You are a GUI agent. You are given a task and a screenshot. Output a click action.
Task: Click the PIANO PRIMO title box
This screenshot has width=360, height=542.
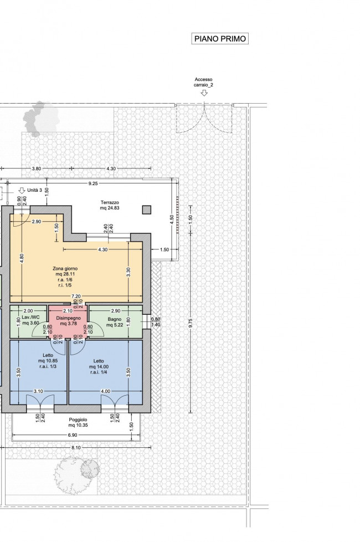(x=220, y=39)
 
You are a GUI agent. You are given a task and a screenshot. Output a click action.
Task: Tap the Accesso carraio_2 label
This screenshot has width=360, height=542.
(x=203, y=82)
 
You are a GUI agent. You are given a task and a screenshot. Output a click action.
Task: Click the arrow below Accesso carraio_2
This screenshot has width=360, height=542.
(x=204, y=93)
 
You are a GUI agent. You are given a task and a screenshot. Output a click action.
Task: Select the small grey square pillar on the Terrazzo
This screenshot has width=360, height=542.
(x=146, y=209)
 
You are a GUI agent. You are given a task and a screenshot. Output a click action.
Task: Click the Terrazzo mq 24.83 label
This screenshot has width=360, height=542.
(x=110, y=205)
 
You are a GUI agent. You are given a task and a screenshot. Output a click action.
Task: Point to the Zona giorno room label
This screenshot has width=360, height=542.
(x=65, y=277)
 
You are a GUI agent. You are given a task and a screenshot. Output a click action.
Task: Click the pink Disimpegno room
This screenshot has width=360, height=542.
(x=68, y=321)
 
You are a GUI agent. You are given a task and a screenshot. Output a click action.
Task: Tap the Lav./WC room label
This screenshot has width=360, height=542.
(x=30, y=320)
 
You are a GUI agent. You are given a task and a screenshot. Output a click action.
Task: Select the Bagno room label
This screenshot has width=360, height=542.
(x=114, y=322)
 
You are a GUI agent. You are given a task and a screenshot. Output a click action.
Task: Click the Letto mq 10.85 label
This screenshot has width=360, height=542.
(x=48, y=361)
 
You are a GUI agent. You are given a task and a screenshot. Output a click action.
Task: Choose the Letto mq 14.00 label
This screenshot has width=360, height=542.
(x=99, y=366)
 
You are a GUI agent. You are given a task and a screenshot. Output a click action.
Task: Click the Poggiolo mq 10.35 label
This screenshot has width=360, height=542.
(x=78, y=422)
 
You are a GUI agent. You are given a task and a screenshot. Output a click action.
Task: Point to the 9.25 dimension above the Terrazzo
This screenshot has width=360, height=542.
(x=93, y=183)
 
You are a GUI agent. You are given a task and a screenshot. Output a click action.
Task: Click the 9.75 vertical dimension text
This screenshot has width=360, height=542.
(x=191, y=323)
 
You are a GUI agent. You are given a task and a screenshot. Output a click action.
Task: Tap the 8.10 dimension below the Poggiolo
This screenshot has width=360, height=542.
(x=76, y=448)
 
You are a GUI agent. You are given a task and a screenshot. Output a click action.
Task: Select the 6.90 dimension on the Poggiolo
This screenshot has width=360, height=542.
(x=72, y=435)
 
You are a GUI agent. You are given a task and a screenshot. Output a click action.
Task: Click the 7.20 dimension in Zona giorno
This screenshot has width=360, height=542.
(x=76, y=296)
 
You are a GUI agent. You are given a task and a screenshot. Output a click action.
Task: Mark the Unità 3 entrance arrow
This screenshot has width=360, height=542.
(x=22, y=190)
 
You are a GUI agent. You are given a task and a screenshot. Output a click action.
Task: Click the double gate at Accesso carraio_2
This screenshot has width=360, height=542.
(x=204, y=119)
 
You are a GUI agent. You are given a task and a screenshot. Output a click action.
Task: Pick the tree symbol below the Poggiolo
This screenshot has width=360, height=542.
(x=76, y=474)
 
